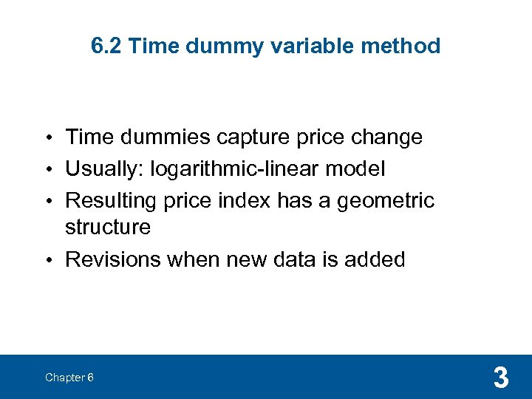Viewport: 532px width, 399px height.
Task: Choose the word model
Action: pyautogui.click(x=357, y=169)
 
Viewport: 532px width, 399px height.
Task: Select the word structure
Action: pyautogui.click(x=108, y=227)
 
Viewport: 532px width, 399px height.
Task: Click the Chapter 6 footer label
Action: pyautogui.click(x=69, y=378)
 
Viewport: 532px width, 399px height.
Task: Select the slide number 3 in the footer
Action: pyautogui.click(x=500, y=378)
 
